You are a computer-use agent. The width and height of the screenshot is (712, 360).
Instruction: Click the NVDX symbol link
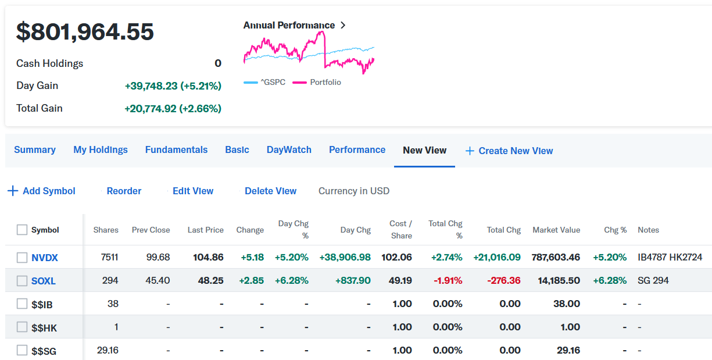click(45, 257)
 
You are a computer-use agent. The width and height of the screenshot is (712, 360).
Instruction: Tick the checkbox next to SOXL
click(22, 281)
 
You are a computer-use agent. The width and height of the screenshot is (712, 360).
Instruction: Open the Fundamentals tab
click(176, 149)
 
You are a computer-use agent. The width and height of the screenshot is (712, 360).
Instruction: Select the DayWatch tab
click(289, 149)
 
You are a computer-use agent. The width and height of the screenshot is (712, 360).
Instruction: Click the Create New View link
click(509, 151)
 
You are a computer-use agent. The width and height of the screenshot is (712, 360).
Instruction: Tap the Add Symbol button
click(42, 191)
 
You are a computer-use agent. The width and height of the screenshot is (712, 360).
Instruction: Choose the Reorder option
click(124, 191)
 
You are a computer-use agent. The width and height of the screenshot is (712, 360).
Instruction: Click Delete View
click(270, 191)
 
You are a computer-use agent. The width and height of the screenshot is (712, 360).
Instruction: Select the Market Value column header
click(556, 230)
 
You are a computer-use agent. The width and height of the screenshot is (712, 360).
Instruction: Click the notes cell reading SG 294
click(653, 280)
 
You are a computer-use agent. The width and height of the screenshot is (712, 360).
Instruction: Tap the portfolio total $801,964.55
click(85, 31)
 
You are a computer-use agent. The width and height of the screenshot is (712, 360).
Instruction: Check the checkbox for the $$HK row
click(22, 327)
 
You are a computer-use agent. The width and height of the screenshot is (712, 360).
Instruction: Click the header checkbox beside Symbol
click(22, 230)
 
